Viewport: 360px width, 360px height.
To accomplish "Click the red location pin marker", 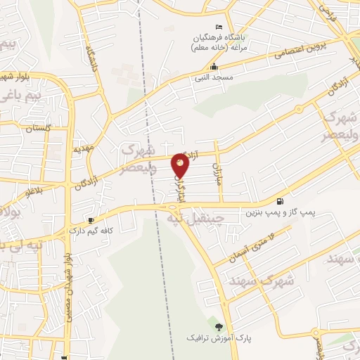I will pyautogui.click(x=180, y=165).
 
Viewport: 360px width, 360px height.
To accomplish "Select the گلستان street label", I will pyautogui.click(x=39, y=129).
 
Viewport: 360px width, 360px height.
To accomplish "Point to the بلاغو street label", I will pyautogui.click(x=34, y=191).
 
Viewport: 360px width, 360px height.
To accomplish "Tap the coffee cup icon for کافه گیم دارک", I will pyautogui.click(x=91, y=220).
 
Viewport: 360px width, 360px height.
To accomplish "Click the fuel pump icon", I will pyautogui.click(x=281, y=201).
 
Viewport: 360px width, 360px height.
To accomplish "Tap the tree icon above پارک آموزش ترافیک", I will pyautogui.click(x=218, y=327).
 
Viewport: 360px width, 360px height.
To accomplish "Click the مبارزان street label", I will pyautogui.click(x=218, y=170).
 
